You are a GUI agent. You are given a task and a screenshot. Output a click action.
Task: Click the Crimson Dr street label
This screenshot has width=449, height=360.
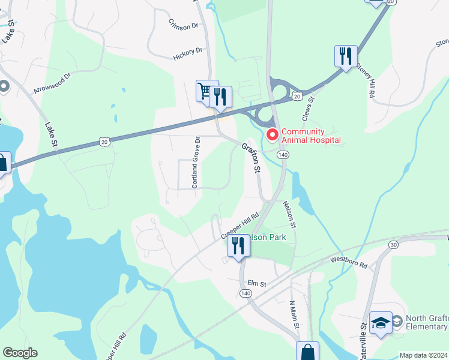click(x=183, y=26)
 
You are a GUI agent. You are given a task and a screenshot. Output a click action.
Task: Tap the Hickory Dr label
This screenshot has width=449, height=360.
click(x=188, y=53)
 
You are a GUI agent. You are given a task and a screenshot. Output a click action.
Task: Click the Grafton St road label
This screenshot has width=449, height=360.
click(x=252, y=158)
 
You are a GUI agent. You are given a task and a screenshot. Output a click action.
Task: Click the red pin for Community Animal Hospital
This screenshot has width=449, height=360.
click(x=273, y=134)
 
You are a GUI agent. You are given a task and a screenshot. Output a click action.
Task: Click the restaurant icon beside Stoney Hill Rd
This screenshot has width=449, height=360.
click(x=346, y=57)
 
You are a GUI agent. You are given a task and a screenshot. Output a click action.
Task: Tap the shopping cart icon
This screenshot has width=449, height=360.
click(x=205, y=91)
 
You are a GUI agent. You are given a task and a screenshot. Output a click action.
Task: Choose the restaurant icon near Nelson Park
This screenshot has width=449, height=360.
click(x=238, y=245)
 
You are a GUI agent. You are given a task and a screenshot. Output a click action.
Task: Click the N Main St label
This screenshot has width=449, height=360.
click(x=294, y=314)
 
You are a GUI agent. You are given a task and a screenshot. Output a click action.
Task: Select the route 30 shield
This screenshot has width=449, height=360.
click(x=393, y=244)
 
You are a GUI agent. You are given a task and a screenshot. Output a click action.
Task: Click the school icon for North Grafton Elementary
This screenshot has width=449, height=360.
click(x=381, y=323)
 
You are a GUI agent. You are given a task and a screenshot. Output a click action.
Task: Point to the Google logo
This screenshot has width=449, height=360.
click(x=20, y=353)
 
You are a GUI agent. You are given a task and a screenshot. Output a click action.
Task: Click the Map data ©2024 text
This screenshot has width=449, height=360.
click(x=423, y=355)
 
